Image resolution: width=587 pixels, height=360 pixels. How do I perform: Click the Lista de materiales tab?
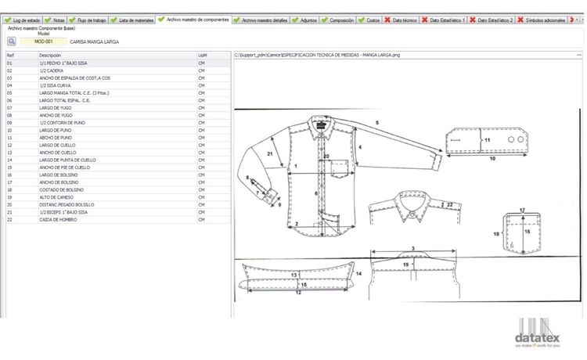(134, 20)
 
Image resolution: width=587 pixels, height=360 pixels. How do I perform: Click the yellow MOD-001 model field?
(38, 41)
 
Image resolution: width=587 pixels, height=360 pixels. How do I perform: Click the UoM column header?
(203, 56)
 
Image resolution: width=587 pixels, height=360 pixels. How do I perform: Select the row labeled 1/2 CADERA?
(52, 70)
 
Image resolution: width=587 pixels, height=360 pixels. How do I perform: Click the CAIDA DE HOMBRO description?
(56, 220)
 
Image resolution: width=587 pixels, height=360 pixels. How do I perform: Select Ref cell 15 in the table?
(10, 167)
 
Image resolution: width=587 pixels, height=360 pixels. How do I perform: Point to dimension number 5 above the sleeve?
(377, 124)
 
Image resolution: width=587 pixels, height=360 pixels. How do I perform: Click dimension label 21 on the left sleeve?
(270, 155)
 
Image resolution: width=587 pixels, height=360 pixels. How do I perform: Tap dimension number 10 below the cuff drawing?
(492, 158)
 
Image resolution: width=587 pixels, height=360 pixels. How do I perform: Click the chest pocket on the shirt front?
(338, 167)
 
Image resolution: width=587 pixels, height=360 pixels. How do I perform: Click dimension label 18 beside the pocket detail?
(496, 234)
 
